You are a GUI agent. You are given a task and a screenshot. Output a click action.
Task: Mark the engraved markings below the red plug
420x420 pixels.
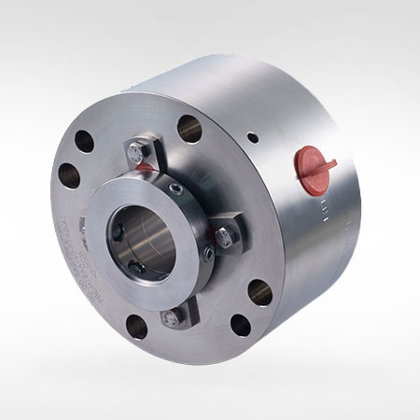click(323, 208)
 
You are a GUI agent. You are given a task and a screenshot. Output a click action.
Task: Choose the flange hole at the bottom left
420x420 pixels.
click(136, 327)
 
